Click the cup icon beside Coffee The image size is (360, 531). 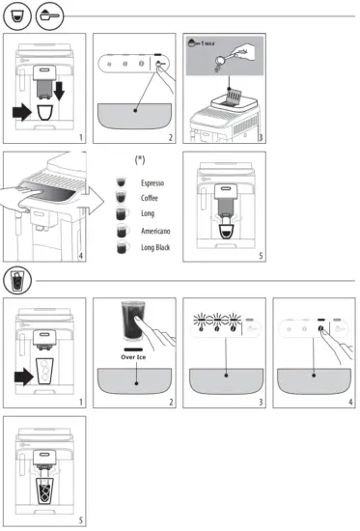point(122,199)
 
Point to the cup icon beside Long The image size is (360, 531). point(122,215)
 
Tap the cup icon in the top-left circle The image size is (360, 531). point(14,15)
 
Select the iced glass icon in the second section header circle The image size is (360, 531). point(14,281)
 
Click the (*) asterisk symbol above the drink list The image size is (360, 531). point(140,157)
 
